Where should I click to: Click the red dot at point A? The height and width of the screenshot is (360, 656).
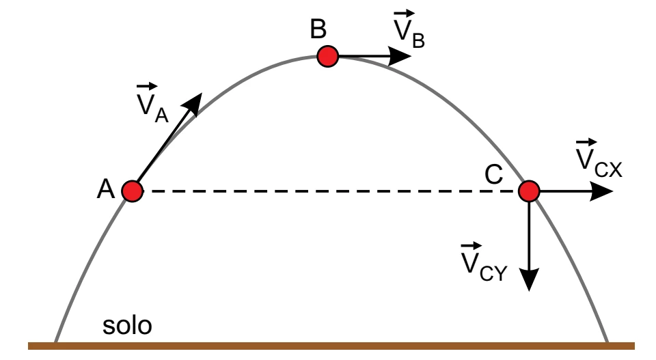[x=132, y=191]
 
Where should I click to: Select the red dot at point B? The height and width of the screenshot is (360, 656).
[x=327, y=57]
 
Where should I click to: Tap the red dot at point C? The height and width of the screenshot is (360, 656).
[x=529, y=191]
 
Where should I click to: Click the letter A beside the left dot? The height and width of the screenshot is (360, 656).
[x=105, y=189]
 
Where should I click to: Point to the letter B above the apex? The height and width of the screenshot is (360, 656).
[x=318, y=29]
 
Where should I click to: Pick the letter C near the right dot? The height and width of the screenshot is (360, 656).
[x=493, y=174]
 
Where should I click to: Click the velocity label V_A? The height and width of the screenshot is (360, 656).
[x=152, y=103]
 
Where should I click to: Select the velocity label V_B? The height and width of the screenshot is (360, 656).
[x=409, y=29]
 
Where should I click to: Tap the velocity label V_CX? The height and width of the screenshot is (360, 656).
[x=599, y=158]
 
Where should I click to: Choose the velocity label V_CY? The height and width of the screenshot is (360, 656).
[x=484, y=262]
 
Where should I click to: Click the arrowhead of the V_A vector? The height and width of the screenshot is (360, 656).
[x=195, y=103]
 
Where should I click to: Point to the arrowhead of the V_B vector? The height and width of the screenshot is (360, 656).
[x=400, y=56]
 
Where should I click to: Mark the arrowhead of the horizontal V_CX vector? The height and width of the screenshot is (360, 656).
[x=601, y=191]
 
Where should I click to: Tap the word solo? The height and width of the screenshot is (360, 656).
[x=127, y=325]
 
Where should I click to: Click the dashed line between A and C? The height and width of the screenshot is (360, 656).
[x=331, y=191]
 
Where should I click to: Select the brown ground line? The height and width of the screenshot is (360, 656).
[x=331, y=346]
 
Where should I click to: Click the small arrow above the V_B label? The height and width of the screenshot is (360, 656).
[x=404, y=14]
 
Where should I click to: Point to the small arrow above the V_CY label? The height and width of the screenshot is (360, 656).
[x=471, y=245]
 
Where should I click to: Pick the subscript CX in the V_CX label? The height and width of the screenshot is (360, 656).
[x=608, y=170]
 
